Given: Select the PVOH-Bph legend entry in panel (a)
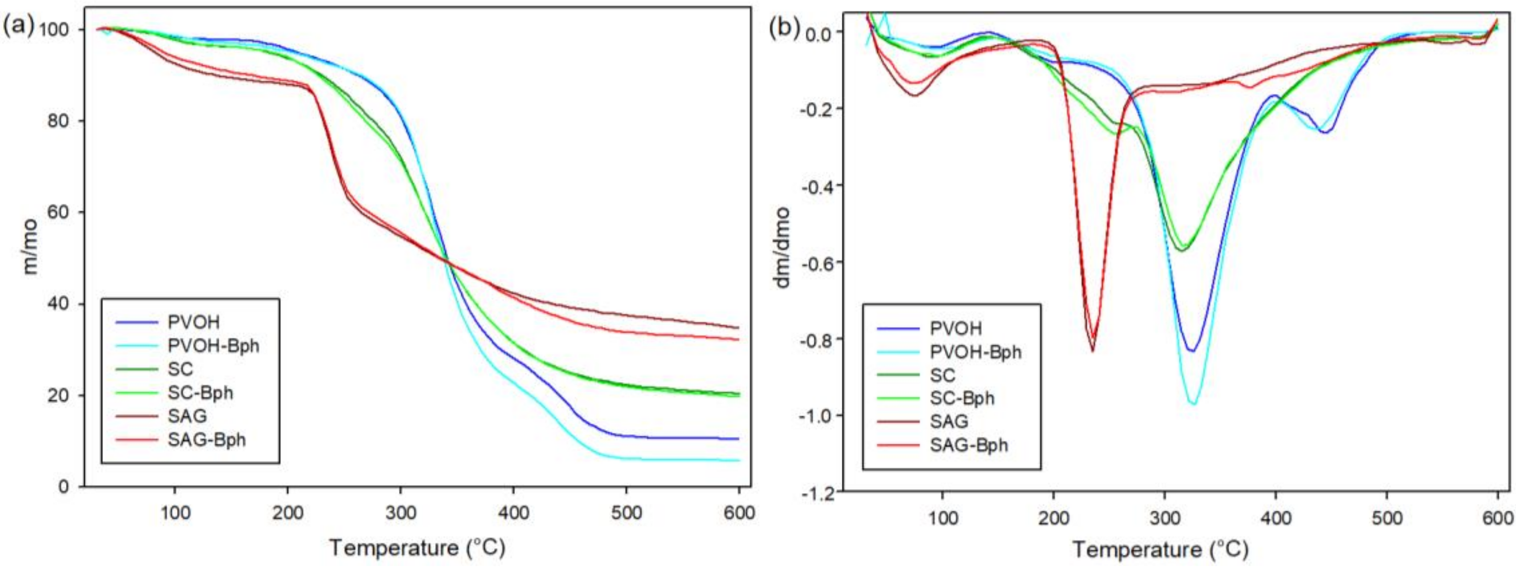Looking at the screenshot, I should click(213, 346).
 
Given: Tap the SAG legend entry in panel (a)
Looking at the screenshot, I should click(187, 416).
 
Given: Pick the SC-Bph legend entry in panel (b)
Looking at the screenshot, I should click(962, 399).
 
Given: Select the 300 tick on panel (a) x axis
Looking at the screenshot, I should click(401, 513).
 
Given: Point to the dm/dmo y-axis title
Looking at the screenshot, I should click(783, 247).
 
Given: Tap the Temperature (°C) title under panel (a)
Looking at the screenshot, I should click(417, 547).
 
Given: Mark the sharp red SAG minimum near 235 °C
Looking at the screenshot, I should click(1093, 351).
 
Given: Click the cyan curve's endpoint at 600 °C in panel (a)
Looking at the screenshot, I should click(738, 460).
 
